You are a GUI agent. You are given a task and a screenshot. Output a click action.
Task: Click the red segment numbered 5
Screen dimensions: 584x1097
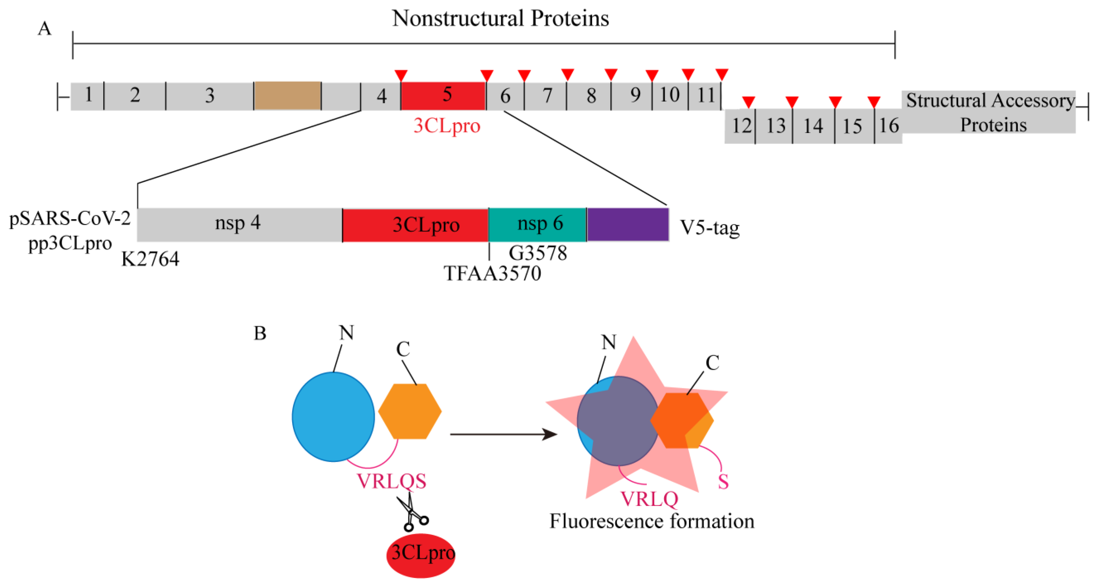(x=443, y=95)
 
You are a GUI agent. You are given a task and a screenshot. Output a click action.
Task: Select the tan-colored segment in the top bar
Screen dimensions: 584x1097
(x=287, y=95)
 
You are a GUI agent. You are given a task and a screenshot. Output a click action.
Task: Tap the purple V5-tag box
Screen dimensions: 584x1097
(x=628, y=224)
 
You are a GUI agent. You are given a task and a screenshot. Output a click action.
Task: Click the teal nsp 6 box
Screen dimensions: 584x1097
(x=537, y=224)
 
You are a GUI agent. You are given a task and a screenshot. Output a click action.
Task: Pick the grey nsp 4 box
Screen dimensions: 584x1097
(x=238, y=224)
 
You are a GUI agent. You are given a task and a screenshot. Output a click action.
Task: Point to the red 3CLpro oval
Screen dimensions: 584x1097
(x=421, y=555)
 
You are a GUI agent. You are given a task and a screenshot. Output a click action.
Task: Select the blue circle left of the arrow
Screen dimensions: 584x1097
(x=333, y=416)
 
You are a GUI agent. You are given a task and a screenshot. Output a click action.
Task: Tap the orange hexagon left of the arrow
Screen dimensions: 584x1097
(x=410, y=411)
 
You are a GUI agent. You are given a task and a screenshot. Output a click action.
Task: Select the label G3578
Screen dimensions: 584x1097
(x=538, y=253)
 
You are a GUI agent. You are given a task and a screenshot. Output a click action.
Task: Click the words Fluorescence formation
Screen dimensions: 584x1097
(x=652, y=521)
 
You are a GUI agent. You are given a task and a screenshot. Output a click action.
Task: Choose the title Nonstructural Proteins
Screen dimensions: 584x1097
(x=500, y=18)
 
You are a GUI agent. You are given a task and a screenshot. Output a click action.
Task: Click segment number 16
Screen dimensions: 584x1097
(x=889, y=126)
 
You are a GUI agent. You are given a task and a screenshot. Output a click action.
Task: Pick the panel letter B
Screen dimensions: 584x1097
(x=260, y=333)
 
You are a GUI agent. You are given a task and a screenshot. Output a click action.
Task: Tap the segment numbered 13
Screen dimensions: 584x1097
(x=775, y=126)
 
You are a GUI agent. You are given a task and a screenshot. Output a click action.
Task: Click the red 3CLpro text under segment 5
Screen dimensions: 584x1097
(x=447, y=126)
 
